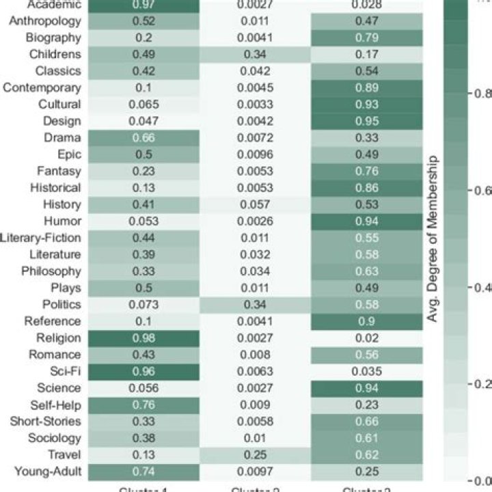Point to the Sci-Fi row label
click(66, 371)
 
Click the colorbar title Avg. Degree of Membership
click(432, 239)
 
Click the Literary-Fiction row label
click(41, 238)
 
